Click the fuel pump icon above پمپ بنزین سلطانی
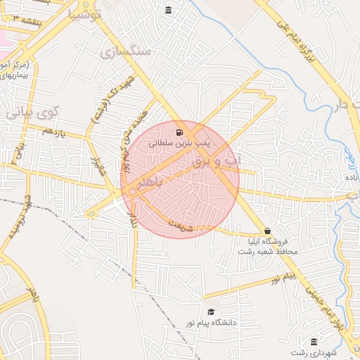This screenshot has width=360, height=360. click(181, 132)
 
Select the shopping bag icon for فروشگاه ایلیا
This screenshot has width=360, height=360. click(267, 231)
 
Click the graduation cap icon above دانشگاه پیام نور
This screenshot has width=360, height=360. click(210, 312)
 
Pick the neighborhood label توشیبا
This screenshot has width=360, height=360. click(86, 13)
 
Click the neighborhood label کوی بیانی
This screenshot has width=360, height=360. click(32, 112)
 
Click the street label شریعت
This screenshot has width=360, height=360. click(180, 227)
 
